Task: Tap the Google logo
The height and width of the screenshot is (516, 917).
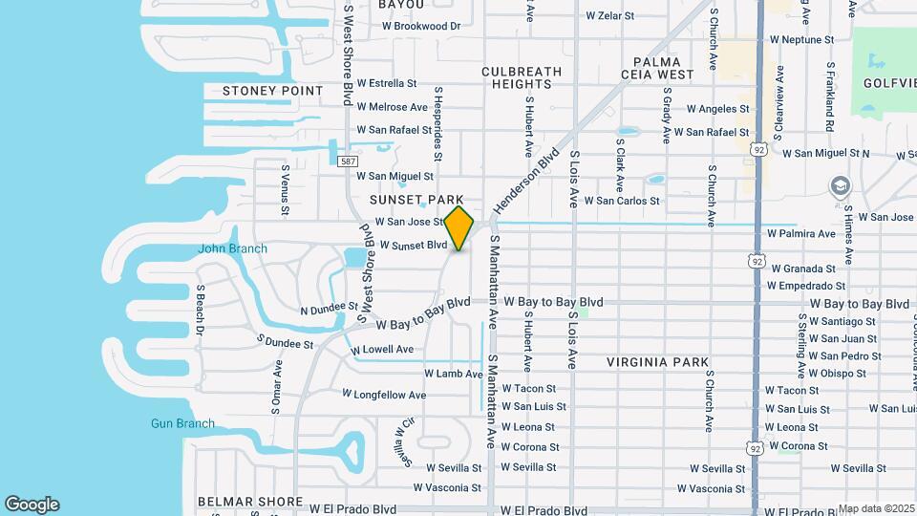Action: tap(32, 505)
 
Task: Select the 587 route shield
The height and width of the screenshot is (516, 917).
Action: tap(349, 161)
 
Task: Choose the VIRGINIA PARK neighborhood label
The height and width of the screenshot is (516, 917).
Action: tap(658, 362)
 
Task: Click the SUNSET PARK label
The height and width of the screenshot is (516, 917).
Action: tap(417, 200)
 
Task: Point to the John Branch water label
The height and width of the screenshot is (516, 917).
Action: tap(232, 249)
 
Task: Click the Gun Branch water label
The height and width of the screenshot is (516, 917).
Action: tap(182, 423)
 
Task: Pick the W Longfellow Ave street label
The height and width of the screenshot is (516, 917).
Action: tap(384, 395)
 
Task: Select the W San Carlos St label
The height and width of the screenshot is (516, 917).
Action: tap(621, 201)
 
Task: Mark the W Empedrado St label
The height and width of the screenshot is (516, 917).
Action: tap(806, 286)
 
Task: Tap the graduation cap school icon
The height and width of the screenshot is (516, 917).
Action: tap(841, 185)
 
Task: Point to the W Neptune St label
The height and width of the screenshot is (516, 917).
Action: tap(800, 41)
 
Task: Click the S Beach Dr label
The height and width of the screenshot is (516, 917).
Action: tap(201, 309)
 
